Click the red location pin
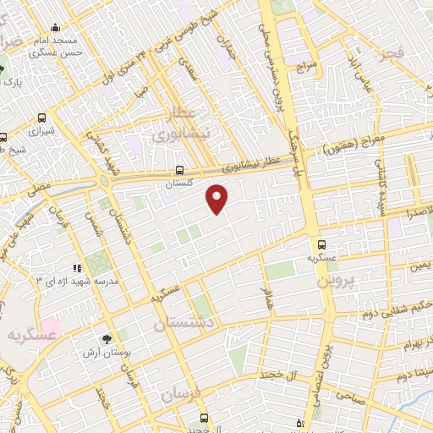(217, 200)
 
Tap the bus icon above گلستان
(179, 169)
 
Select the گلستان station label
(179, 182)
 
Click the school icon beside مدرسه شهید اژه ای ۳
(78, 268)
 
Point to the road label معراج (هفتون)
(354, 145)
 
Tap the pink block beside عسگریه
(52, 326)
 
